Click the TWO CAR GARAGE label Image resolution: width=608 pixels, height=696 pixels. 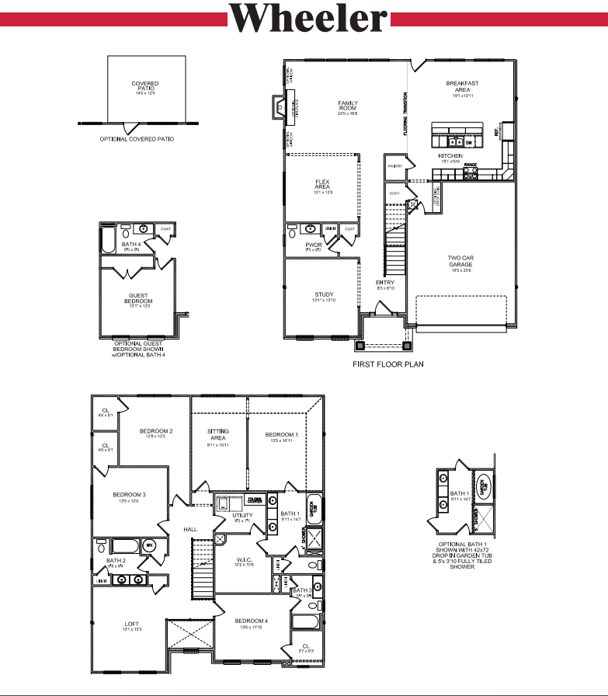point(460,261)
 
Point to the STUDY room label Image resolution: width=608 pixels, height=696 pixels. point(323,295)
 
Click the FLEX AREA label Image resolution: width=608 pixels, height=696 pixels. point(322,184)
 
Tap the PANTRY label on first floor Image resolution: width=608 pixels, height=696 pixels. point(394,166)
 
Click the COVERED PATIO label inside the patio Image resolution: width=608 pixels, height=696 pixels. point(145,86)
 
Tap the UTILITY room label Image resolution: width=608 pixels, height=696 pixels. point(242,516)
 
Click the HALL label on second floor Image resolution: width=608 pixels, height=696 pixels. point(190,529)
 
